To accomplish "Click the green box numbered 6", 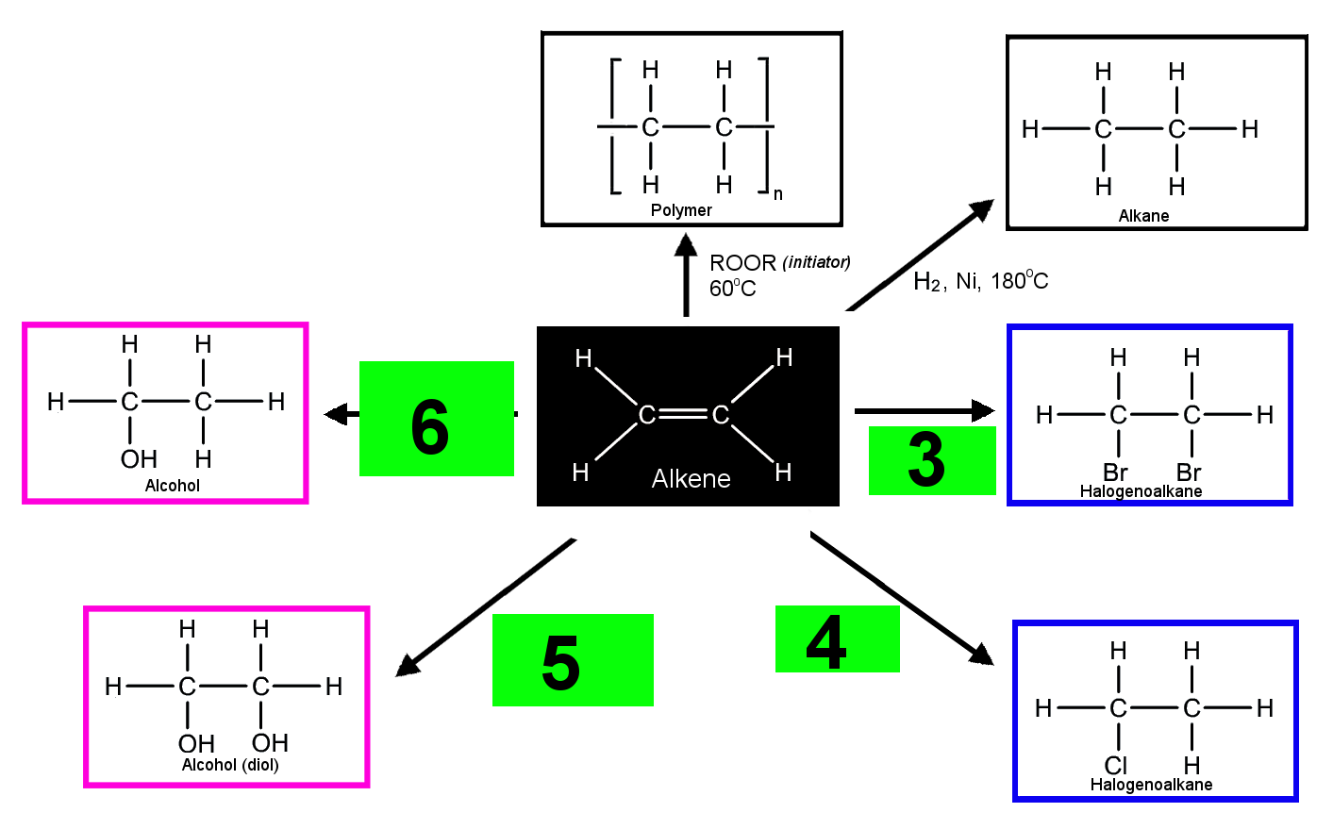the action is click(436, 419).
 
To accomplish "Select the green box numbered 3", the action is click(932, 460).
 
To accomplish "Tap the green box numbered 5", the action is click(573, 660).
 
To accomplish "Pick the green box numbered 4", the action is click(838, 638).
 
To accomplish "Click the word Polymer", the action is click(681, 210).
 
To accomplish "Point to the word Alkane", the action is click(1143, 215).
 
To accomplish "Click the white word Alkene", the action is click(691, 478).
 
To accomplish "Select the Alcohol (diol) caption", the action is click(230, 765).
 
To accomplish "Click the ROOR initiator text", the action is click(779, 262).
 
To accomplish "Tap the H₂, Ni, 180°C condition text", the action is click(981, 280).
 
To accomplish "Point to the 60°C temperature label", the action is click(733, 289).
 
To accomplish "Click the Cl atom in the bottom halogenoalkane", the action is click(1116, 765).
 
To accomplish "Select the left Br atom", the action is click(1115, 473).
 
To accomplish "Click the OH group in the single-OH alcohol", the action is click(139, 459).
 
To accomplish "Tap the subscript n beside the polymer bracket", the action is click(777, 194).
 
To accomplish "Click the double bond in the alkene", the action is click(683, 414).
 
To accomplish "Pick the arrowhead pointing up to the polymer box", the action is click(686, 244).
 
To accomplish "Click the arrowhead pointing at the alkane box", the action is click(982, 209).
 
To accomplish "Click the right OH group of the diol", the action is click(270, 743).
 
